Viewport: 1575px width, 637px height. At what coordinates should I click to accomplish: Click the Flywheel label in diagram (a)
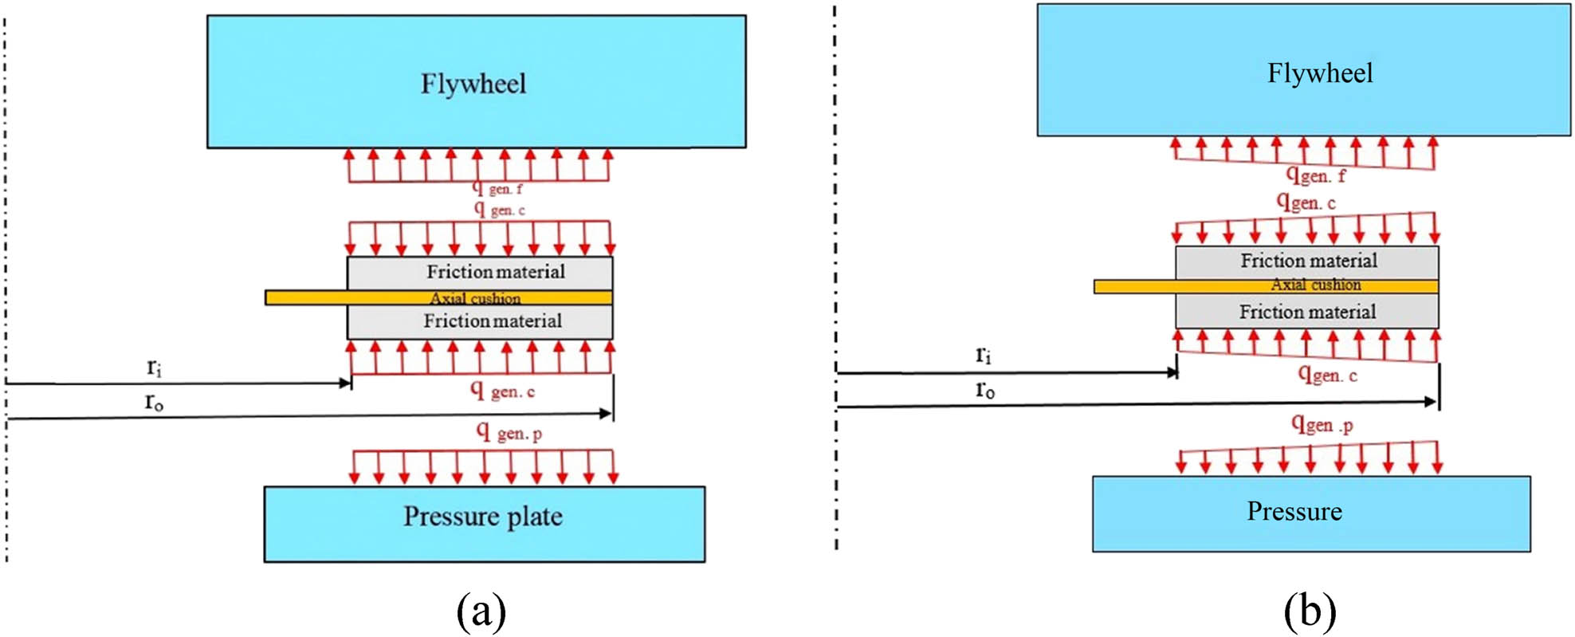pyautogui.click(x=473, y=84)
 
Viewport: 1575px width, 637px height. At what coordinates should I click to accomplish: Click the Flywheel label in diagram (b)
pyautogui.click(x=1320, y=73)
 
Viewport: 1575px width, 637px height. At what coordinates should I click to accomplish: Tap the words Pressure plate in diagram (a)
pyautogui.click(x=483, y=517)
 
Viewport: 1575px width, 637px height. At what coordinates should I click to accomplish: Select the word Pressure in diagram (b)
pyautogui.click(x=1294, y=511)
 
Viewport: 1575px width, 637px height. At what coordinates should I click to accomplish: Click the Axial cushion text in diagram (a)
pyautogui.click(x=476, y=298)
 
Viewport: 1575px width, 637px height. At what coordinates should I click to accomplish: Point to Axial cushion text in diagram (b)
pyautogui.click(x=1316, y=285)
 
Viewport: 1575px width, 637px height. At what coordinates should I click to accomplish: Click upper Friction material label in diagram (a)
pyautogui.click(x=496, y=272)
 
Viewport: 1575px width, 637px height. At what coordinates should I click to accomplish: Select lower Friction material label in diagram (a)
pyautogui.click(x=493, y=321)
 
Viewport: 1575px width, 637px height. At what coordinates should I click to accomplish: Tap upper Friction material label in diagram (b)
pyautogui.click(x=1309, y=261)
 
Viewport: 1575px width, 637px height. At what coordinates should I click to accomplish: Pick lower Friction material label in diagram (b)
pyautogui.click(x=1307, y=312)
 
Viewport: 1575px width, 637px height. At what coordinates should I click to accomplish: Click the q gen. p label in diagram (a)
pyautogui.click(x=509, y=432)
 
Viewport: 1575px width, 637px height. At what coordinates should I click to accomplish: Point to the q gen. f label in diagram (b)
pyautogui.click(x=1317, y=175)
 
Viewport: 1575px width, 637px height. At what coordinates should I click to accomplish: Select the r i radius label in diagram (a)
pyautogui.click(x=154, y=368)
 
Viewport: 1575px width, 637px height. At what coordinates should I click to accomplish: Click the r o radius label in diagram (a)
pyautogui.click(x=154, y=402)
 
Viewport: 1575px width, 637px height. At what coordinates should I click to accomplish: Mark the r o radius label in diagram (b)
pyautogui.click(x=985, y=389)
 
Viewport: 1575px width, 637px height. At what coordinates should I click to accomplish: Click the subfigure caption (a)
pyautogui.click(x=481, y=612)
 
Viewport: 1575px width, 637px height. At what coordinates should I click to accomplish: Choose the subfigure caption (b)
pyautogui.click(x=1310, y=612)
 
